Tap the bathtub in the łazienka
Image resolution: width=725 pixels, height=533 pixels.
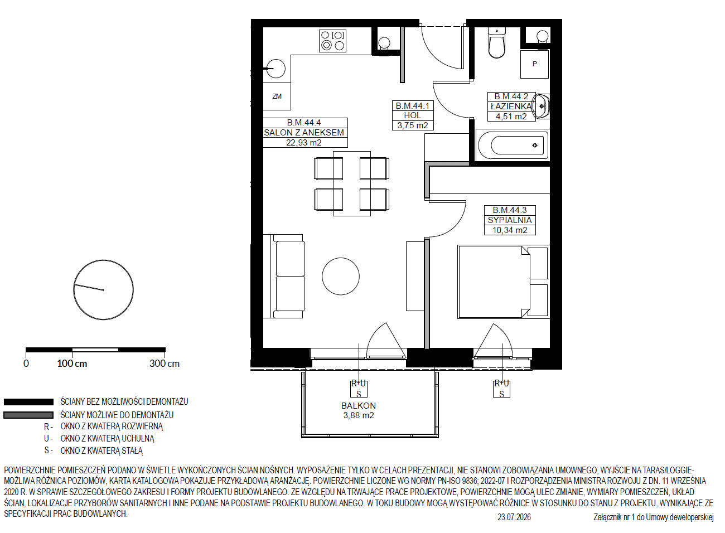tap(513, 146)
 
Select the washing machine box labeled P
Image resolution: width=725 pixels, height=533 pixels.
tap(534, 64)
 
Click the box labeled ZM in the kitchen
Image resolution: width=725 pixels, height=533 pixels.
tap(277, 96)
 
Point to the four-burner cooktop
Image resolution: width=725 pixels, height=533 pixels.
tap(332, 41)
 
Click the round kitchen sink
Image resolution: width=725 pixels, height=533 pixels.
tap(275, 69)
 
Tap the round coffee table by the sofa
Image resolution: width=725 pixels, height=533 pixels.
tap(341, 276)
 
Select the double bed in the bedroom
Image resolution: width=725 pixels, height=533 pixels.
tap(502, 282)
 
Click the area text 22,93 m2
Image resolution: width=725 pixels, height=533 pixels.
tap(303, 143)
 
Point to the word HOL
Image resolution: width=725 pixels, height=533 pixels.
tap(412, 115)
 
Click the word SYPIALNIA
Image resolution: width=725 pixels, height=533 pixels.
tap(510, 220)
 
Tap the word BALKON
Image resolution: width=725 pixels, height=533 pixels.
tap(358, 405)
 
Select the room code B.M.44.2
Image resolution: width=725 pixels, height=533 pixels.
tap(511, 96)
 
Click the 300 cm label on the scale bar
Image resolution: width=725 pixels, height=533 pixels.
tap(165, 364)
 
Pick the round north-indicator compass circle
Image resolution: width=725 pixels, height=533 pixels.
tap(103, 290)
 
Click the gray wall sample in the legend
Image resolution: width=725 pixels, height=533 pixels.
tap(28, 415)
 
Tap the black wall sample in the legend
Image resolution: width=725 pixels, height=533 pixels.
tap(28, 402)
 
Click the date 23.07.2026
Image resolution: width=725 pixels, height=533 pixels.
tap(514, 517)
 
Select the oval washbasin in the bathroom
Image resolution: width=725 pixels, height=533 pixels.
tap(542, 106)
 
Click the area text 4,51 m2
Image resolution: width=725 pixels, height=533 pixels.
tap(511, 117)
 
